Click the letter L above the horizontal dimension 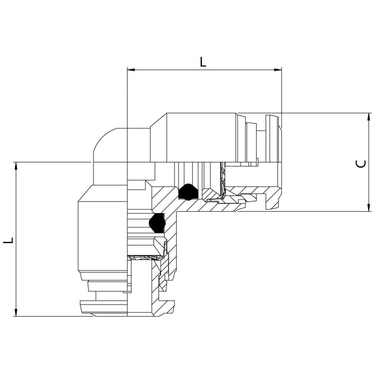point(203,62)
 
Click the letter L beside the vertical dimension point(8,239)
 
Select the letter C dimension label point(361,164)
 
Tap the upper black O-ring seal point(188,192)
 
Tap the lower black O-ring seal point(157,223)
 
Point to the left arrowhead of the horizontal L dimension point(131,70)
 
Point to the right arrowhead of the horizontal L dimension point(278,70)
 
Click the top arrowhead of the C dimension point(368,117)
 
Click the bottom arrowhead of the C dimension point(368,199)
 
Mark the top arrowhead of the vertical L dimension point(16,166)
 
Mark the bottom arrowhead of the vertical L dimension point(16,312)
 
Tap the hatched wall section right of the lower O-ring point(171,228)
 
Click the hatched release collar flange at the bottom point(164,308)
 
